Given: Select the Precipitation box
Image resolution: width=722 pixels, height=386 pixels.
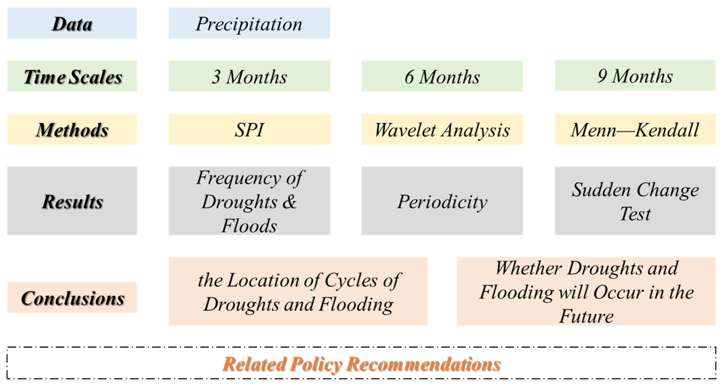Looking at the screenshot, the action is tap(249, 23).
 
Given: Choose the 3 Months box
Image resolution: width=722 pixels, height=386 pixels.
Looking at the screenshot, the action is tap(249, 76).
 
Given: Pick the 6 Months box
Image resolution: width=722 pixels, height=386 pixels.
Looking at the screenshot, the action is tap(442, 76).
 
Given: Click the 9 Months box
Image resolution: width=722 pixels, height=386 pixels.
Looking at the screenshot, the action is tap(635, 75).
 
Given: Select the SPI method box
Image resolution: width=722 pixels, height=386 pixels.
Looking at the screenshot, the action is tap(249, 129).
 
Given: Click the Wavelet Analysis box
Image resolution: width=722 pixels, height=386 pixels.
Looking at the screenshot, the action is tap(442, 129).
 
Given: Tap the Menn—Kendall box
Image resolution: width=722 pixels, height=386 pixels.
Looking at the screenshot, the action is tap(635, 129).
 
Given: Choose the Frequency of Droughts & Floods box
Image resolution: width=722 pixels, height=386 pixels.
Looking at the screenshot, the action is tap(249, 201).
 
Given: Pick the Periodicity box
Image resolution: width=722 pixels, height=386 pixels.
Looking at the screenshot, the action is tap(442, 201).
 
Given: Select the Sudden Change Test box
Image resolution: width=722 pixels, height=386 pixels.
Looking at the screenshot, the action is tap(635, 201).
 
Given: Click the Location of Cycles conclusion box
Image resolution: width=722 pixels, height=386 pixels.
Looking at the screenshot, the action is tap(298, 291).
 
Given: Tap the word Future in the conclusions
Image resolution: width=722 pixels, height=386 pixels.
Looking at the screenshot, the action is tap(586, 316).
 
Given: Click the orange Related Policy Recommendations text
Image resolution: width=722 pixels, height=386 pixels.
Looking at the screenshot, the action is tap(361, 364).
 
